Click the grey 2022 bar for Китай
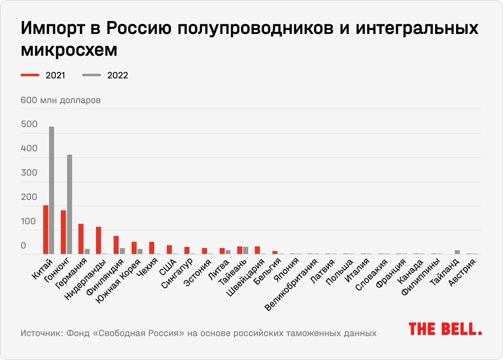tap(52, 190)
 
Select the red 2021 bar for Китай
tap(46, 230)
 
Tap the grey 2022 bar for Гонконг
tap(70, 204)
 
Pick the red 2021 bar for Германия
tap(81, 239)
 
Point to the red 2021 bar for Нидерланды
tap(99, 240)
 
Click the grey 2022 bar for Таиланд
tap(457, 252)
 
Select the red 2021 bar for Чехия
tap(152, 248)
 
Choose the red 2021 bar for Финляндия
tap(116, 245)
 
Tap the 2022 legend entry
tap(105, 75)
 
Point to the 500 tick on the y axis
tap(29, 124)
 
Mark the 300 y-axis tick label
tap(29, 173)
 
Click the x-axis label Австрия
tap(463, 273)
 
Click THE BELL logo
tap(445, 329)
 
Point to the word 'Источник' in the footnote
tap(40, 334)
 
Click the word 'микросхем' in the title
tap(69, 50)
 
